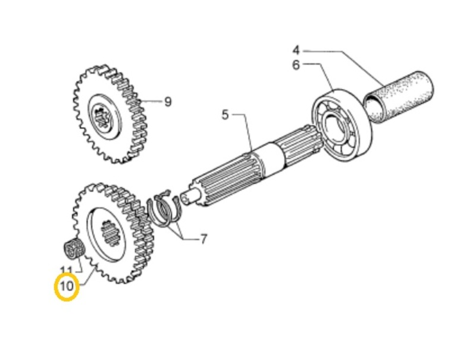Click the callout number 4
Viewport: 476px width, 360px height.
(296, 50)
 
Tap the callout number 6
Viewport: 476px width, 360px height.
(296, 65)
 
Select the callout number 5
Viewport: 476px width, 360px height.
(225, 114)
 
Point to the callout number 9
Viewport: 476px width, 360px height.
(168, 102)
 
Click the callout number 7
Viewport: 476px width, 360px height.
(203, 240)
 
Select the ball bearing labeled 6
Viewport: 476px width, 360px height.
(340, 125)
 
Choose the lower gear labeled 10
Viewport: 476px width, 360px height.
(113, 232)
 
